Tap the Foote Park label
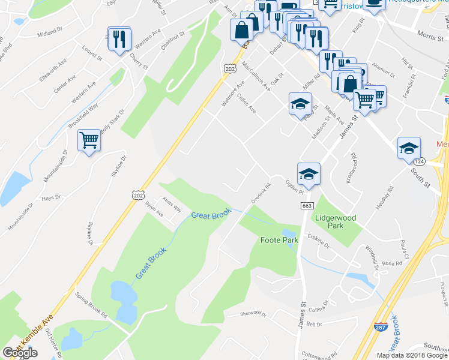pos(279,240)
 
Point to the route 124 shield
pos(419,163)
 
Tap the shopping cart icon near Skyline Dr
pos(89,141)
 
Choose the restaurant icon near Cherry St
pos(119,39)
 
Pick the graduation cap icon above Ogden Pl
pos(309,173)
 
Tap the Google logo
pos(20,352)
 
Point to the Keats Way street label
pos(172,204)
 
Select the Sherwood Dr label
pos(252,313)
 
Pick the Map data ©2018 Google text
pos(411,355)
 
